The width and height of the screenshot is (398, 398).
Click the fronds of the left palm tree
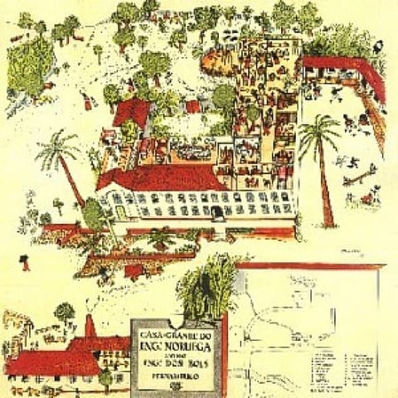coord(58,149)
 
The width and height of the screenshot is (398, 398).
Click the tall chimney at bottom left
coord(90,325)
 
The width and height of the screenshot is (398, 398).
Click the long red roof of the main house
coord(158,177)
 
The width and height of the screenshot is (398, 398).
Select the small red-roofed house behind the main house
coord(133,112)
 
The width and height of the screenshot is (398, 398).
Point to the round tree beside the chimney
coord(64,313)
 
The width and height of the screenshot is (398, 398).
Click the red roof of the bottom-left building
coord(54,361)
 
